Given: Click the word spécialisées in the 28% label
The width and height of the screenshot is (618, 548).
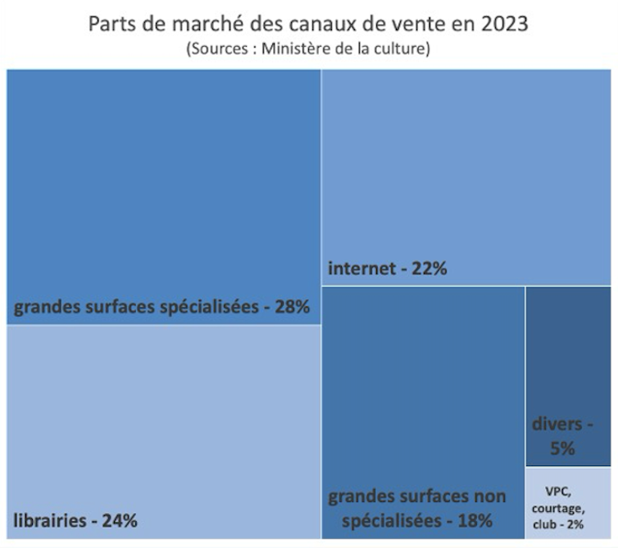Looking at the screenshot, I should (209, 308).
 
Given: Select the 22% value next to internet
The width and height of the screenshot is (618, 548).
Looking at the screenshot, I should (429, 268).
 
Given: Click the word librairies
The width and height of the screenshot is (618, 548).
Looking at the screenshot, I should (51, 519).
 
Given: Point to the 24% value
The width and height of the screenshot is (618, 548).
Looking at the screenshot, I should (119, 519).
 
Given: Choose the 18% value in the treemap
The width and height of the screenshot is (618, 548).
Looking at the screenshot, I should (475, 519).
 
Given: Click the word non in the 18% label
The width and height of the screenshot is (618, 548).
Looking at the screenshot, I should (489, 496).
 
